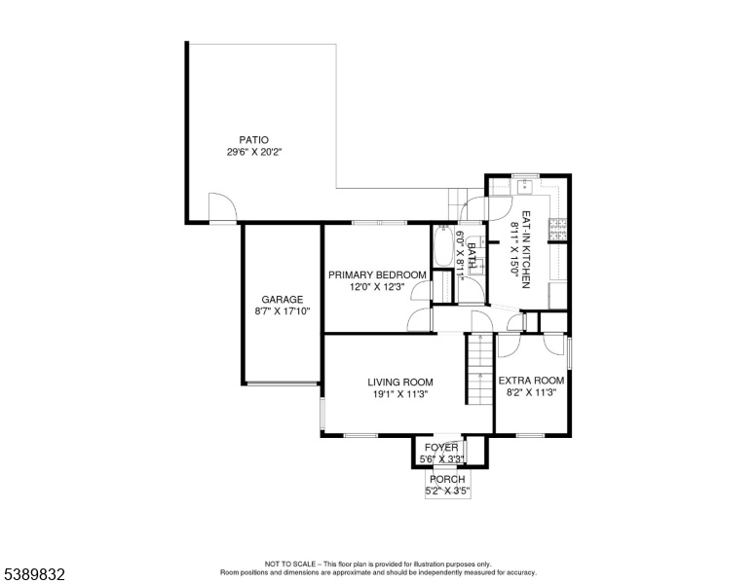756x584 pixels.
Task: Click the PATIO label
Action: click(253, 140)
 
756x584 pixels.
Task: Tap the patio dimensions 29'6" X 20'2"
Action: click(253, 152)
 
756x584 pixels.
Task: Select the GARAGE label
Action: click(283, 299)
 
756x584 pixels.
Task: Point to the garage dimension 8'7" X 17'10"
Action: click(283, 311)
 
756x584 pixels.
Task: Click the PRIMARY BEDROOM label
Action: click(377, 275)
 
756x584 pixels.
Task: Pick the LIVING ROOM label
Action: click(400, 383)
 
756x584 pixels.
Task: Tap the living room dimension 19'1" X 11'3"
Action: click(400, 394)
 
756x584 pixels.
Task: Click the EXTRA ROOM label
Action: click(531, 381)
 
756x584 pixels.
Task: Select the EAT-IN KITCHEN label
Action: click(526, 249)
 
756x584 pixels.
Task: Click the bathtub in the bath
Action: click(443, 246)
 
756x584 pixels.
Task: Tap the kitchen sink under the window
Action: click(525, 186)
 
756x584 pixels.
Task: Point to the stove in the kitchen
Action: click(557, 229)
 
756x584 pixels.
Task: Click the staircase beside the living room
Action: click(479, 369)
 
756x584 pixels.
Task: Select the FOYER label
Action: click(441, 448)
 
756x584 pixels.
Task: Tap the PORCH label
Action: click(447, 480)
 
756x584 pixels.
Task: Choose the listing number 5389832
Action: click(34, 574)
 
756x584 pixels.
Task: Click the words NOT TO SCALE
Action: click(289, 564)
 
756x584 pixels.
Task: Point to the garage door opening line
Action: click(283, 384)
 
